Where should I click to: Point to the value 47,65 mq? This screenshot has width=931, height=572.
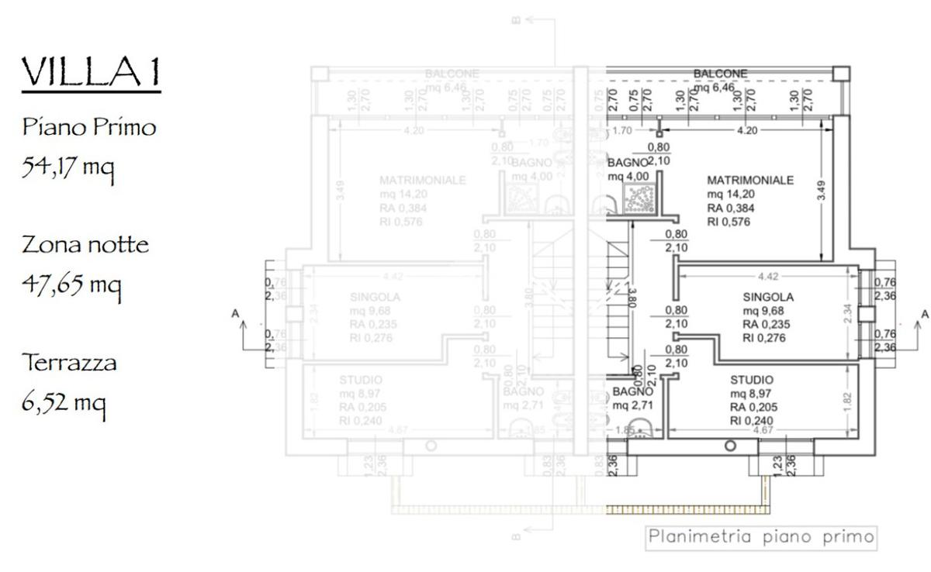tap(71, 284)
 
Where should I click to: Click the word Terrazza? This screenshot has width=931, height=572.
tap(69, 362)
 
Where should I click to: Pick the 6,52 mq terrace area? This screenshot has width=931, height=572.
tap(64, 402)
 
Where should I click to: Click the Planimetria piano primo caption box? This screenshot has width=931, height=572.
tap(761, 536)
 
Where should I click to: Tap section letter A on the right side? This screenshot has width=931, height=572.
tap(923, 314)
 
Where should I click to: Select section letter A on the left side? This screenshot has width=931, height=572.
tap(235, 314)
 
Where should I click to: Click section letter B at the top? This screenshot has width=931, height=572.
tap(516, 19)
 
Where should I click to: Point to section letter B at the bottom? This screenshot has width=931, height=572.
tap(515, 535)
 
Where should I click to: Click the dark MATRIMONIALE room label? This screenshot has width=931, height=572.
tap(750, 180)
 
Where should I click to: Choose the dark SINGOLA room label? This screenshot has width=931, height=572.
tap(768, 297)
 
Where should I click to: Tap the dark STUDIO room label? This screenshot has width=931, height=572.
tap(752, 380)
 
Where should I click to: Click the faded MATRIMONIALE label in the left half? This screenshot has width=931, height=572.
tap(423, 180)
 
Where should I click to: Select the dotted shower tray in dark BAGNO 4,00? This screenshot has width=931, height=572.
tap(642, 198)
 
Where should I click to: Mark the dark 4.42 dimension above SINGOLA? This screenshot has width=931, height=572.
tap(767, 275)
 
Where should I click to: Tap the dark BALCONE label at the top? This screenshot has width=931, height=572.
tap(720, 74)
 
